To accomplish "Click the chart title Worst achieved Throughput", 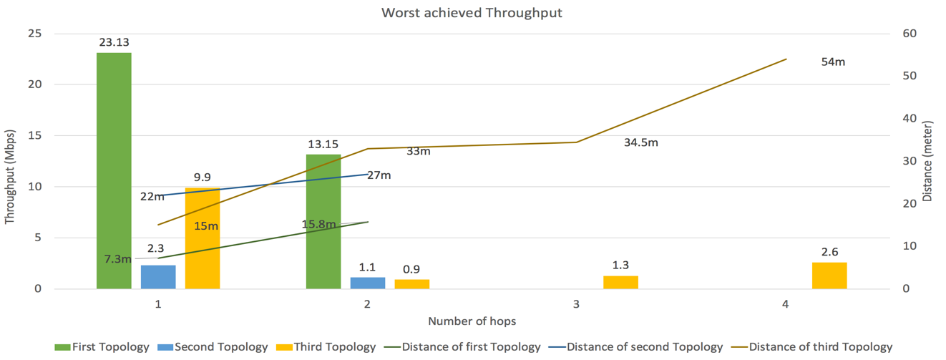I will (472, 13).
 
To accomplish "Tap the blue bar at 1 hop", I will (158, 277).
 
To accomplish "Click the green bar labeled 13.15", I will (323, 221).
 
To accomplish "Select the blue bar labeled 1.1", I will (368, 283).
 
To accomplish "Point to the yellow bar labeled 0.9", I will (412, 284).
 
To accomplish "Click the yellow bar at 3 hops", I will (620, 282).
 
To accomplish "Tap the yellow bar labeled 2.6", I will (829, 276).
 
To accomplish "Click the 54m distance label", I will (833, 62).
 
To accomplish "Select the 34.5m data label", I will (640, 142).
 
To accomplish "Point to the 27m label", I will (379, 175).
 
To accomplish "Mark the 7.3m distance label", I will (117, 259).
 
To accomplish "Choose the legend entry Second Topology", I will (220, 347).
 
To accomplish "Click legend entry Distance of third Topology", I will (820, 347).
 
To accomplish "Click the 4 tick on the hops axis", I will (785, 304).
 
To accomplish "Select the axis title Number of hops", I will (472, 321).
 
